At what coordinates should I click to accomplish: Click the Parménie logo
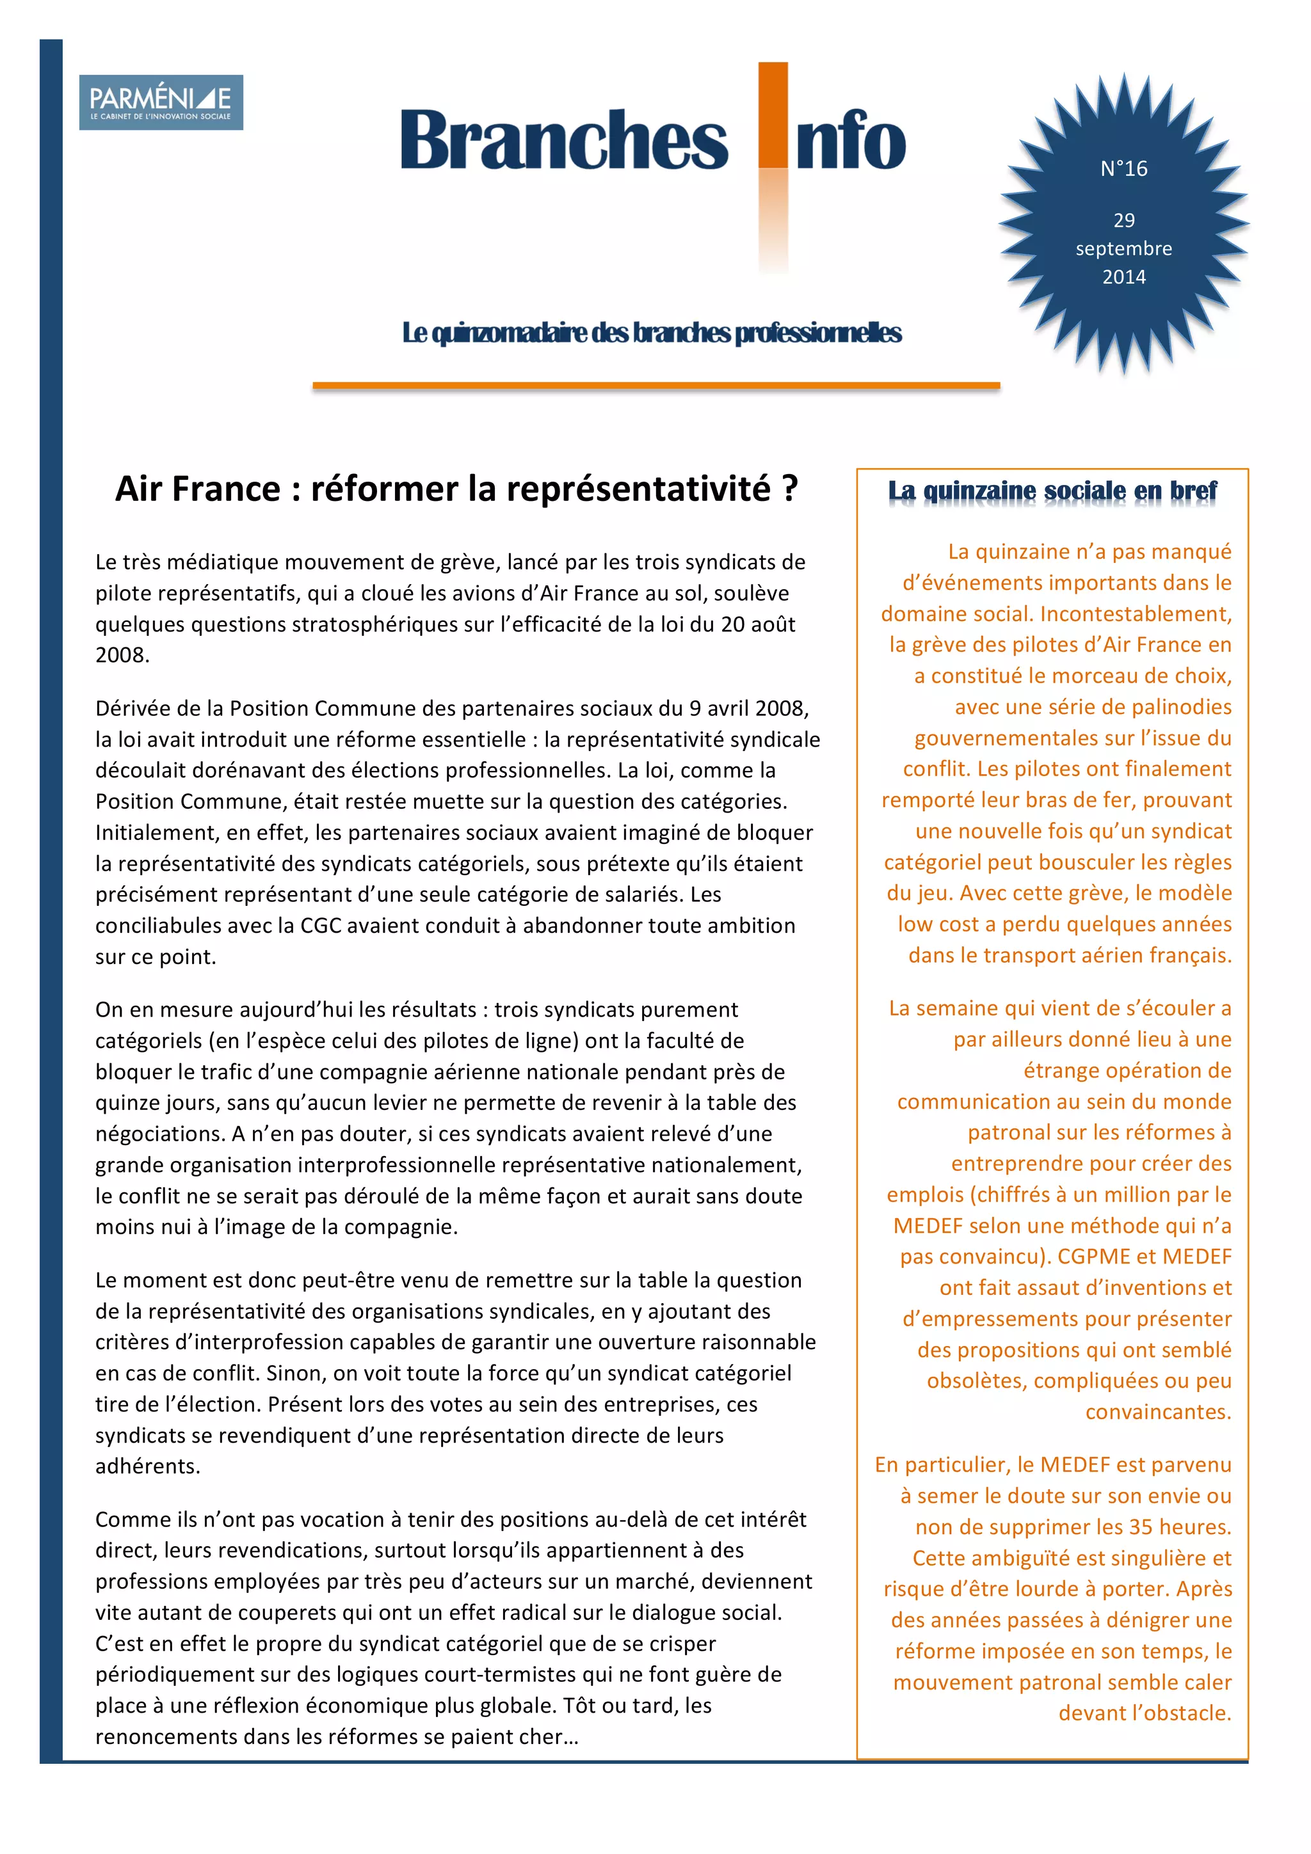click(161, 102)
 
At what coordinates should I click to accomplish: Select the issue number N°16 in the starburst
click(1123, 169)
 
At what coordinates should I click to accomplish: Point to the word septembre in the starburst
click(1123, 249)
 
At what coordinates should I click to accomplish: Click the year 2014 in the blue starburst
click(1123, 277)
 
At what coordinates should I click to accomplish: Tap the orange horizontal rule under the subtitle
click(656, 386)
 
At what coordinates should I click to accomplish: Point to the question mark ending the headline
click(790, 489)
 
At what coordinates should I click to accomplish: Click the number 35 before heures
click(1142, 1527)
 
